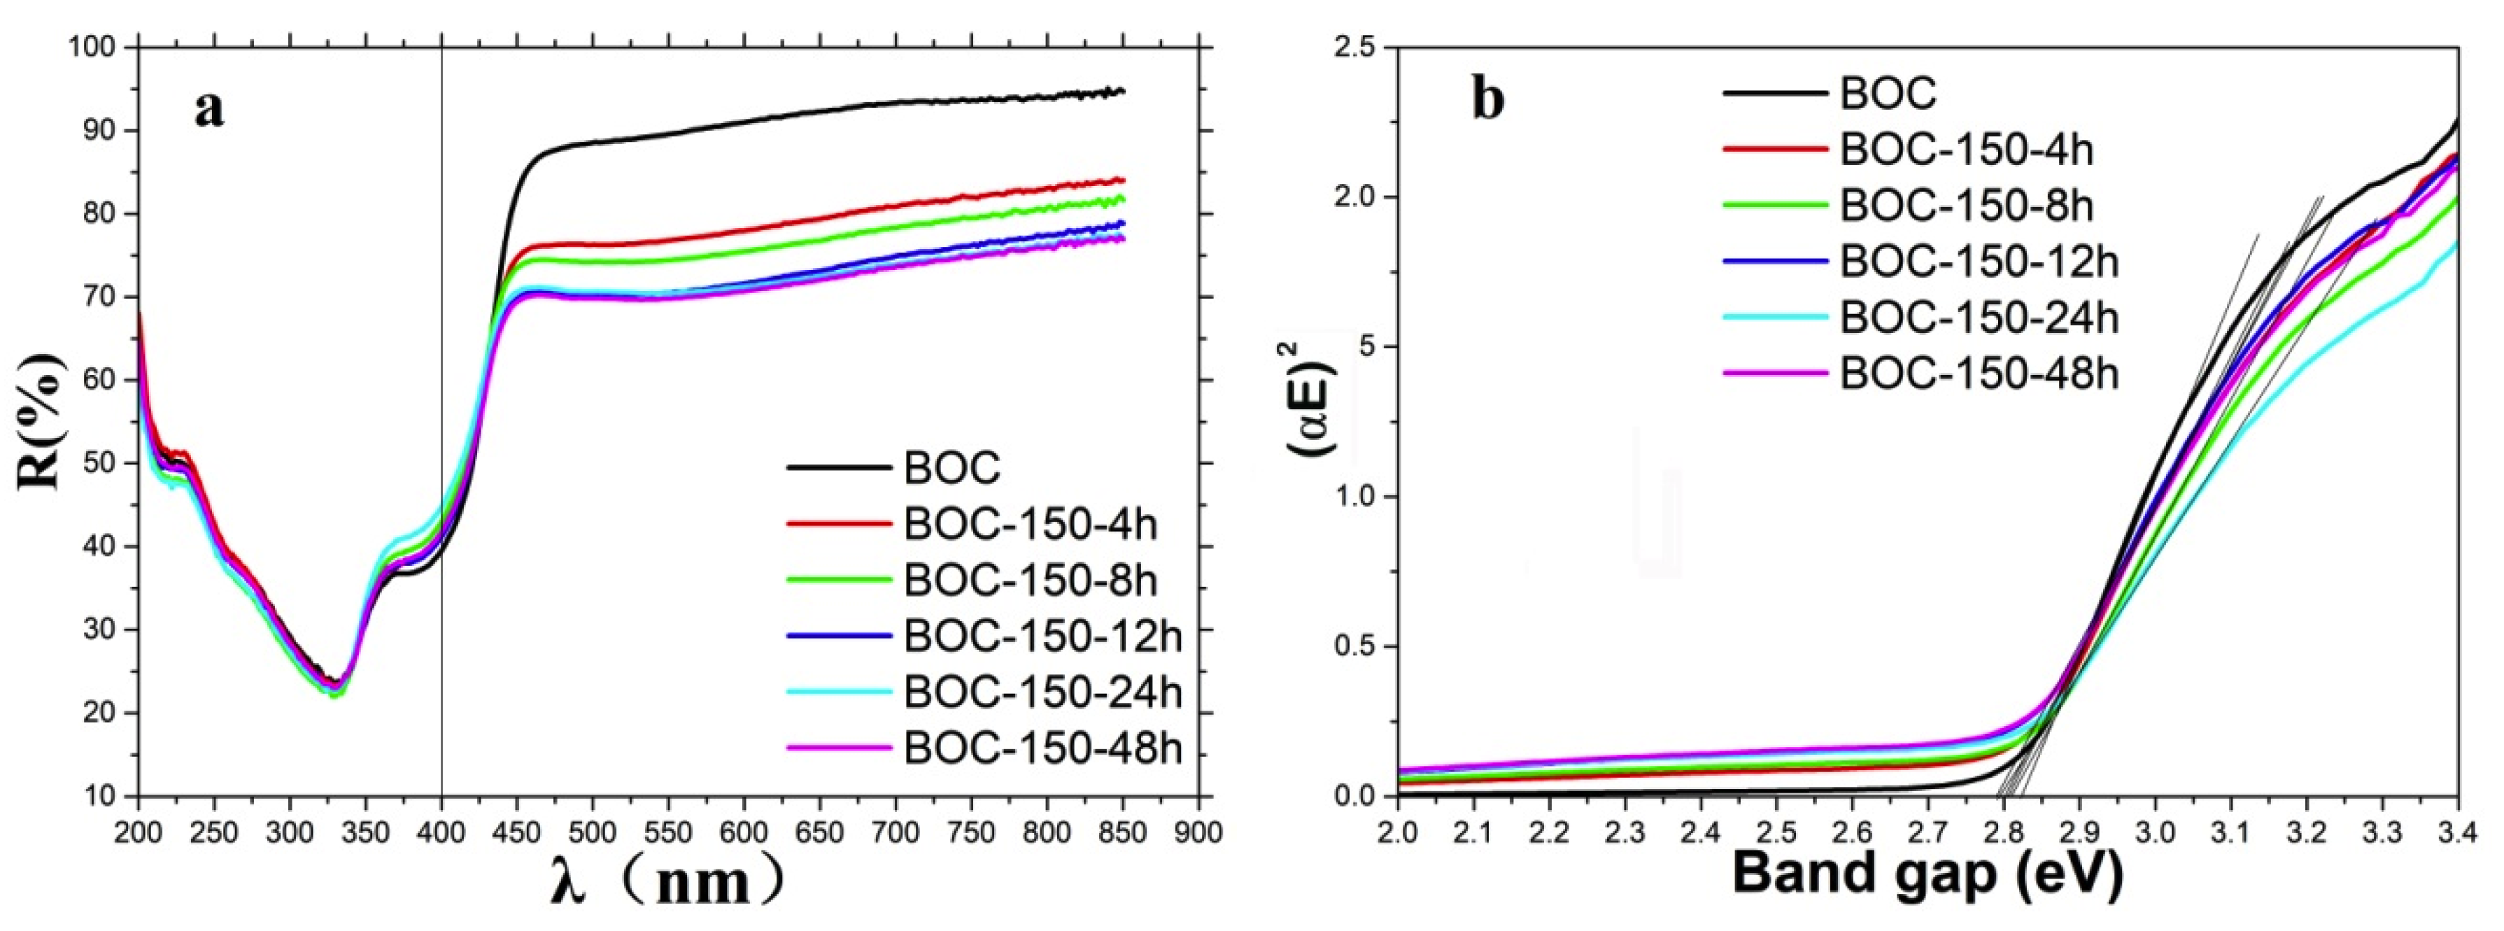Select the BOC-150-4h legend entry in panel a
click(x=1031, y=524)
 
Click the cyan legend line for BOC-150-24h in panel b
click(x=1775, y=317)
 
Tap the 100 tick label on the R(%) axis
click(x=93, y=47)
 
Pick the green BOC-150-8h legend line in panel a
click(x=839, y=579)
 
